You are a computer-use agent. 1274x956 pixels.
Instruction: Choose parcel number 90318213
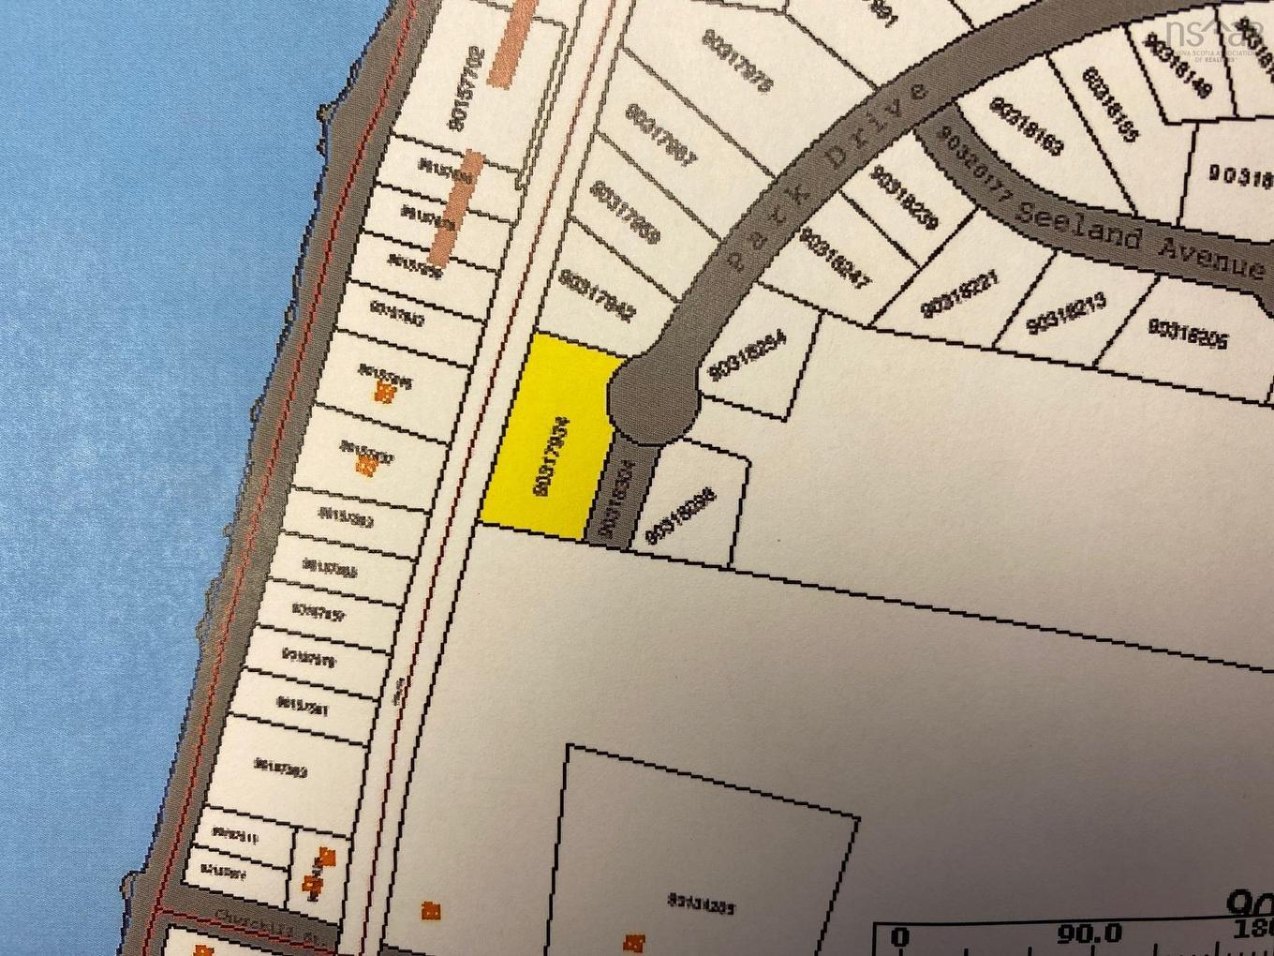pyautogui.click(x=1067, y=312)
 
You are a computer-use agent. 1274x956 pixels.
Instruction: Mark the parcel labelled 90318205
pyautogui.click(x=1187, y=334)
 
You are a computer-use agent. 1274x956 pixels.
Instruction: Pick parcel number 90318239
pyautogui.click(x=903, y=197)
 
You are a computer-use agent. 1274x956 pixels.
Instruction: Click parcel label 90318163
pyautogui.click(x=1026, y=126)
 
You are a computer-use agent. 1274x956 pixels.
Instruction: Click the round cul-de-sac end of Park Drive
pyautogui.click(x=654, y=400)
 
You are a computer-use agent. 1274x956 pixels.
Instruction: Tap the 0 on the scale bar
pyautogui.click(x=899, y=936)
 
